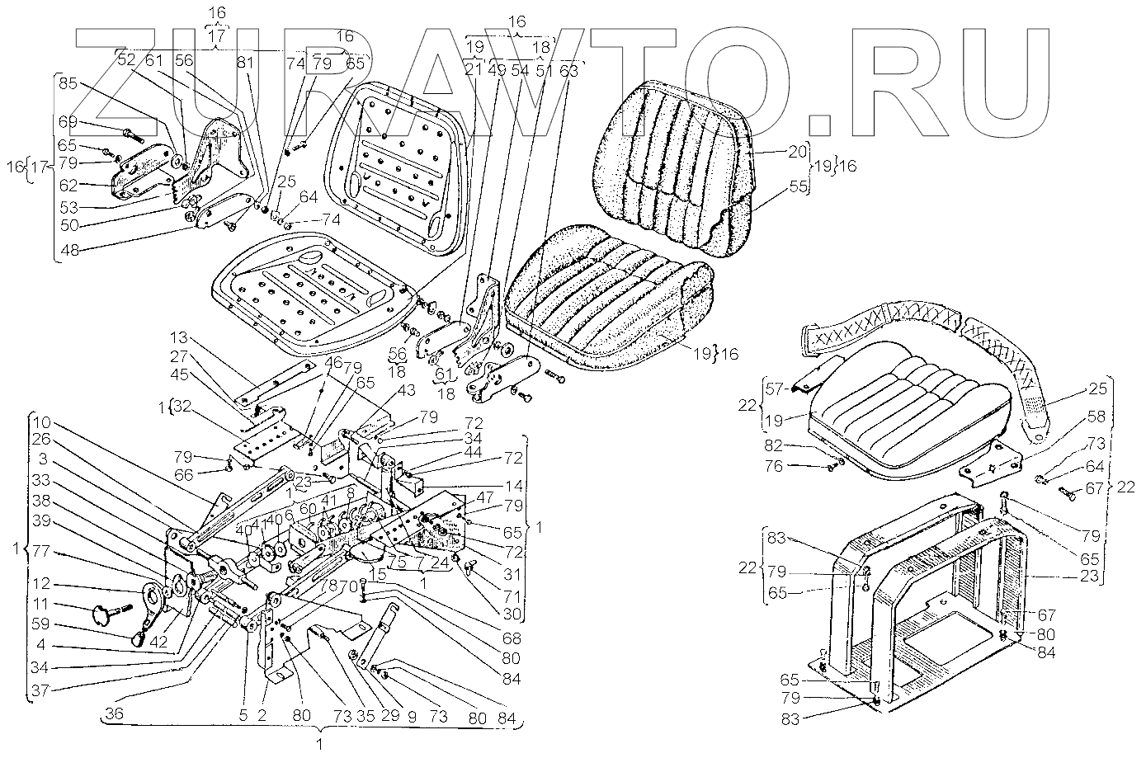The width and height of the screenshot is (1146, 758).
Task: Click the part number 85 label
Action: click(x=68, y=83)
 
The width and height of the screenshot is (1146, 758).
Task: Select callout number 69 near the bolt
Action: click(x=68, y=122)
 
